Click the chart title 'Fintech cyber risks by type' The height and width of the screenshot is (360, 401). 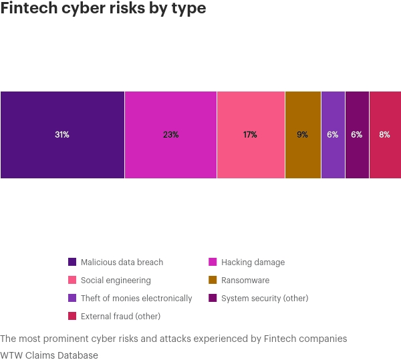point(103,9)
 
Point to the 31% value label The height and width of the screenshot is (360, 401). point(62,135)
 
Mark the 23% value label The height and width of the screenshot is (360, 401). point(170,135)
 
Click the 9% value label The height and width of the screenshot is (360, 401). point(303,135)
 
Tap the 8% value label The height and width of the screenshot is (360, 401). point(385,135)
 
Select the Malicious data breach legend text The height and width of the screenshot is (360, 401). point(122,262)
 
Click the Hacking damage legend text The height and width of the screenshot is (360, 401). point(253,262)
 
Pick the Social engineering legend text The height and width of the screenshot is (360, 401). point(116,281)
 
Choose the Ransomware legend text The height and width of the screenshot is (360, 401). point(245,281)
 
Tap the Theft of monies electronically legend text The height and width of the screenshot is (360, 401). point(136,299)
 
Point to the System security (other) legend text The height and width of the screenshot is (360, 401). point(265,299)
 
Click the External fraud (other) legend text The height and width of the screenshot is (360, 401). point(120,317)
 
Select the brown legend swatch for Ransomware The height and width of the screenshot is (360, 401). point(213,281)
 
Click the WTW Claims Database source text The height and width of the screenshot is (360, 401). point(49,355)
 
